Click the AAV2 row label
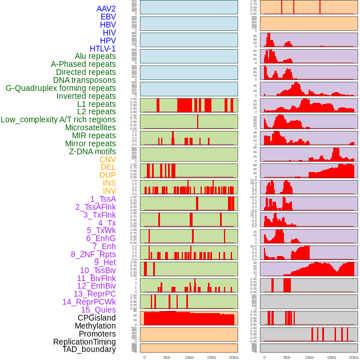pyautogui.click(x=106, y=9)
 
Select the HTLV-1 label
pyautogui.click(x=102, y=49)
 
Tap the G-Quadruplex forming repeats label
pyautogui.click(x=61, y=88)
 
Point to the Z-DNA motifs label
pyautogui.click(x=93, y=151)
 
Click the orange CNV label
pyautogui.click(x=107, y=159)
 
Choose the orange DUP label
pyautogui.click(x=107, y=175)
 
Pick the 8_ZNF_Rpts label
pyautogui.click(x=93, y=254)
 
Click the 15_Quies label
pyautogui.click(x=98, y=310)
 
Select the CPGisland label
pyautogui.click(x=97, y=318)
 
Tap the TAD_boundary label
pyautogui.click(x=89, y=349)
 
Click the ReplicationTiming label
pyautogui.click(x=84, y=342)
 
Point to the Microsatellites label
pyautogui.click(x=90, y=127)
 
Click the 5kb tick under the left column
pyautogui.click(x=167, y=357)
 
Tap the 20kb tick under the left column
pyautogui.click(x=234, y=357)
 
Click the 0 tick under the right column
pyautogui.click(x=263, y=357)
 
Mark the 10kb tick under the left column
pyautogui.click(x=189, y=357)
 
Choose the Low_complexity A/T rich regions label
pyautogui.click(x=58, y=119)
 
